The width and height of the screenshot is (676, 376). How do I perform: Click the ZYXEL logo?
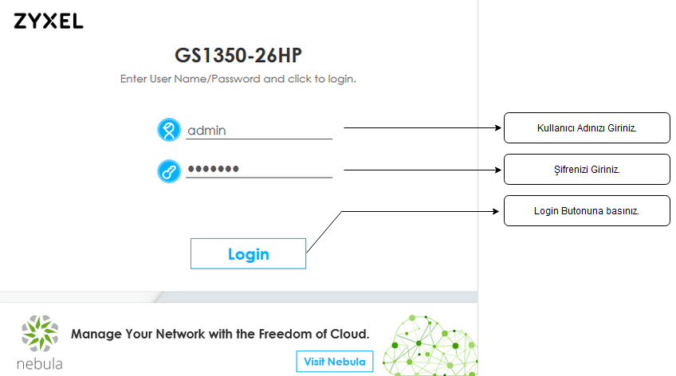(x=49, y=21)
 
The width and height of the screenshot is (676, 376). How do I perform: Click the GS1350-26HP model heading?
(x=238, y=55)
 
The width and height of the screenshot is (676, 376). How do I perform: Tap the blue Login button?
(x=249, y=253)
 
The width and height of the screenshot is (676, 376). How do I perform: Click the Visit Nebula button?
(x=335, y=362)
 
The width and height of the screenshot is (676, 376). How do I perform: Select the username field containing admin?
(x=258, y=130)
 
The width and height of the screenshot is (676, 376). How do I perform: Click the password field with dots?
(x=258, y=169)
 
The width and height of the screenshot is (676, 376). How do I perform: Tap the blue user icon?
(x=168, y=130)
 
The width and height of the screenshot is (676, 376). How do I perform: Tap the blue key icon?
(x=168, y=171)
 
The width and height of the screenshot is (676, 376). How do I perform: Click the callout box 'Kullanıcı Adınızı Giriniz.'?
(x=587, y=128)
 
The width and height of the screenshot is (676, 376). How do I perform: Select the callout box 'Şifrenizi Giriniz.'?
(x=587, y=169)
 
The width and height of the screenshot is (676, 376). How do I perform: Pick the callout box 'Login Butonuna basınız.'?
(x=587, y=210)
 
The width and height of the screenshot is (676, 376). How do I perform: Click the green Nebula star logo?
(x=40, y=333)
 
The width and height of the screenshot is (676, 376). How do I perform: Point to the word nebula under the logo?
(x=40, y=364)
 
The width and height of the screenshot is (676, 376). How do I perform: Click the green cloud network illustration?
(x=430, y=346)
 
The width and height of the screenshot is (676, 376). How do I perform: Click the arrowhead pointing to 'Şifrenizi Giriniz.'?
(x=498, y=170)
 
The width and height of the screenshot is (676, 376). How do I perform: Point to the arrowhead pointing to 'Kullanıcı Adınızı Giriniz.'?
(x=498, y=127)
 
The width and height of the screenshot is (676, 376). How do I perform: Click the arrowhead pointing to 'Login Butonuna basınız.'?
(x=495, y=211)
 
